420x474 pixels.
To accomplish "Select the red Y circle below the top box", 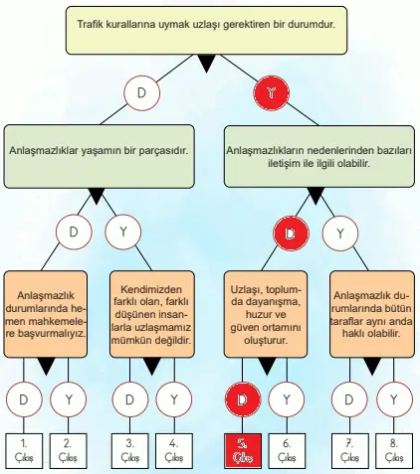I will (270, 93).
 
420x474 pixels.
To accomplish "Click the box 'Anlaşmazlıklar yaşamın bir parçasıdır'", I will (99, 152).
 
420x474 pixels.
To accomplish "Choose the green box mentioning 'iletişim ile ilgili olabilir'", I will (319, 152).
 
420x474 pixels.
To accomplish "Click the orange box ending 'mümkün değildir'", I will (151, 308).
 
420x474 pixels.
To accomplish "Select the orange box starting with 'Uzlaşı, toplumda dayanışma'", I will (264, 308).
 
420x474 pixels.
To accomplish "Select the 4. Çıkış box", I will (174, 450).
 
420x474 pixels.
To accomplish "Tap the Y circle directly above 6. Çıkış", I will (286, 400).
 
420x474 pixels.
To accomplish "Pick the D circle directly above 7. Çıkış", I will (348, 400).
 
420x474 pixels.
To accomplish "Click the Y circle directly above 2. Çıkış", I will (68, 400).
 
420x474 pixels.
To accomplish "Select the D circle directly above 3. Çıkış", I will (129, 400).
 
